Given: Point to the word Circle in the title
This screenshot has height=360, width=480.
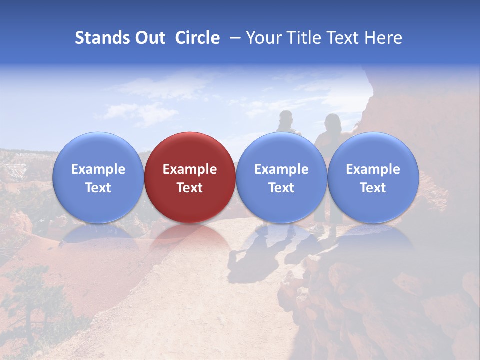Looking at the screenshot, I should click(x=197, y=38).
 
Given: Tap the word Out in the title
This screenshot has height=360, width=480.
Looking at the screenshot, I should click(x=149, y=38).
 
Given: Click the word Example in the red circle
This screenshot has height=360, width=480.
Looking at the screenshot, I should click(x=190, y=169).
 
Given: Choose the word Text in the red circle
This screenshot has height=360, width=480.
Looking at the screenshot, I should click(x=190, y=188).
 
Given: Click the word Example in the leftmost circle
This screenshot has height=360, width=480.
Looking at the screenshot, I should click(x=98, y=169).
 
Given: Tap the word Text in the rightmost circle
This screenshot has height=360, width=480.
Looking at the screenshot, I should click(x=373, y=188).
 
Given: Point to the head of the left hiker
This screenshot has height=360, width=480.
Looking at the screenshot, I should click(x=286, y=118).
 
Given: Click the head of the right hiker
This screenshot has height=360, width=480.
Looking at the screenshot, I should click(x=332, y=121).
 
